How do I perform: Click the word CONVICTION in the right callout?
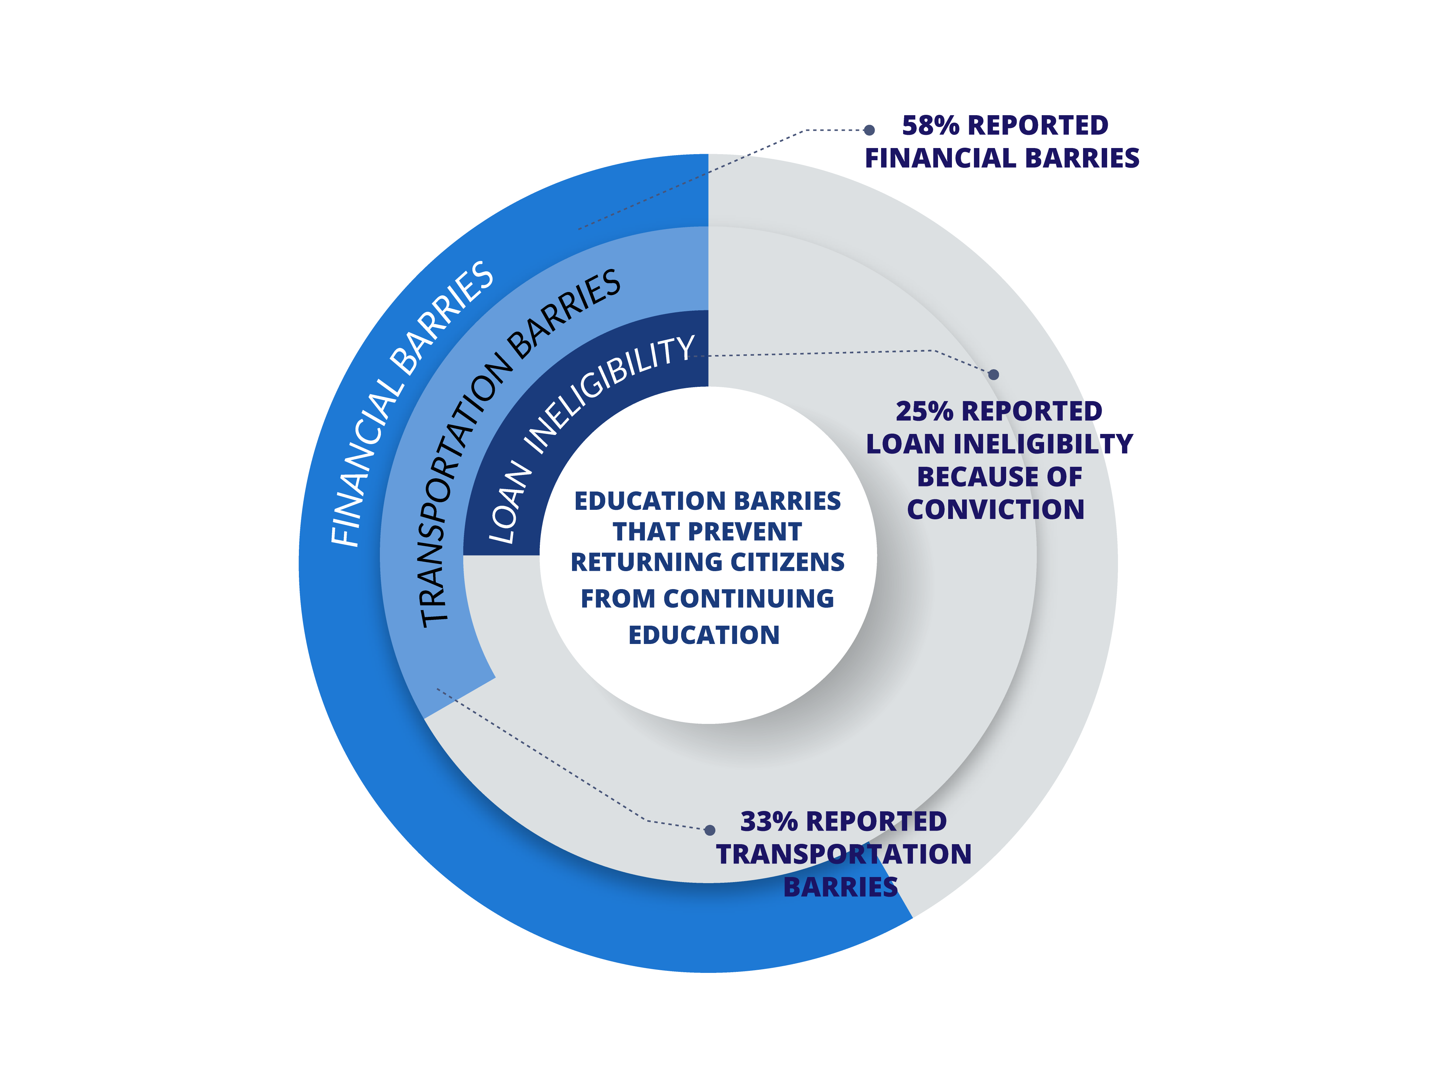[996, 510]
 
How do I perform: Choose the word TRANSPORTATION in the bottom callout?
[844, 854]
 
